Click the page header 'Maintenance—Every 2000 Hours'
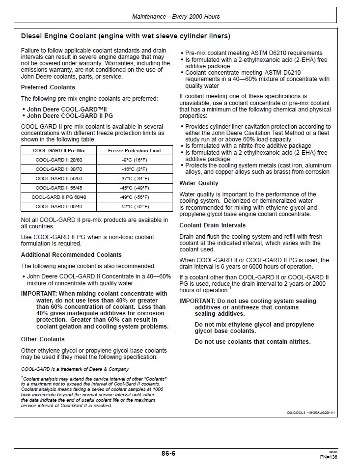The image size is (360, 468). coord(176,17)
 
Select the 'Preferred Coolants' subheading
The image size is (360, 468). coord(48,87)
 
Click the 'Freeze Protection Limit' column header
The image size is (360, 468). coord(134,150)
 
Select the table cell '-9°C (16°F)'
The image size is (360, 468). coord(134,160)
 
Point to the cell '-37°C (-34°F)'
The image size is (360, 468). coord(134,178)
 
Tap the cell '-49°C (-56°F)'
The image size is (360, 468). coord(134,197)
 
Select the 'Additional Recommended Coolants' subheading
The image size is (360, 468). coord(71,255)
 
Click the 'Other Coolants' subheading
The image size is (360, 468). coord(43,339)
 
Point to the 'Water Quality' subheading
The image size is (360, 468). coord(199,183)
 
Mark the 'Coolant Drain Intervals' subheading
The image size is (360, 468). coord(212,225)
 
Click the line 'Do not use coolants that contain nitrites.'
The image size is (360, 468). coord(252,342)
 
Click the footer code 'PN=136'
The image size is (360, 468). coord(329,457)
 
